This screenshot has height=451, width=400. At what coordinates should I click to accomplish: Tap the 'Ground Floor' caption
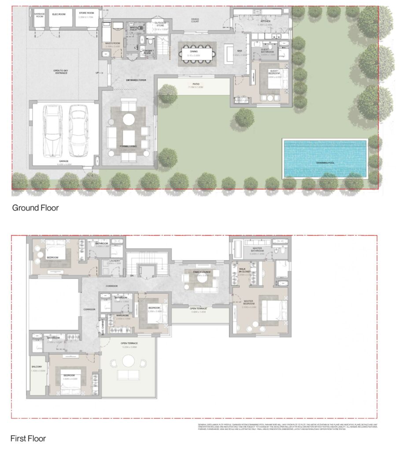click(x=35, y=207)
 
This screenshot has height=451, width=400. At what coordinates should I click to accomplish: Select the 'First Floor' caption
click(x=28, y=438)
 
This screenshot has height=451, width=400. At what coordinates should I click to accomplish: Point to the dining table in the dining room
click(x=197, y=54)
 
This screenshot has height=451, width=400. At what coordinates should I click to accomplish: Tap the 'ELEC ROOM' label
click(x=59, y=14)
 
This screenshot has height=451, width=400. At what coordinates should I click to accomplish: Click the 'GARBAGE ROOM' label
click(x=39, y=15)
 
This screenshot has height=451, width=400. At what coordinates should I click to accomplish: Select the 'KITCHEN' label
click(x=265, y=21)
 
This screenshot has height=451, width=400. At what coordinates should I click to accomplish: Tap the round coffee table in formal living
click(x=129, y=119)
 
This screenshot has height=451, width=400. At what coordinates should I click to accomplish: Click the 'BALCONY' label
click(x=37, y=366)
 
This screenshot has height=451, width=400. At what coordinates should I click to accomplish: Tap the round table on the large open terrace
click(x=128, y=361)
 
